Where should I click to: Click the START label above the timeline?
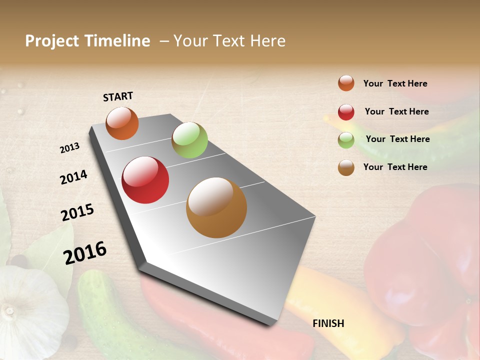tap(118, 96)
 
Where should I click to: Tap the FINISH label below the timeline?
tap(328, 323)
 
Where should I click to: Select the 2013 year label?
tap(70, 148)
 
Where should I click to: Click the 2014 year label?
tap(73, 177)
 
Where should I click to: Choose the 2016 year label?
tap(85, 253)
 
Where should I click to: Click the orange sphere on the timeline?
tap(122, 123)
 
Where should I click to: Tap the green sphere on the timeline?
tap(189, 140)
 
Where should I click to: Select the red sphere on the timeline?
tap(145, 180)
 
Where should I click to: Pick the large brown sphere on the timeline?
tap(216, 207)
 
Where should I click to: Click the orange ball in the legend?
tap(346, 83)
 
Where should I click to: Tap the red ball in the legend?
tap(346, 112)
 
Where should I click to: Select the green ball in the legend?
tap(346, 140)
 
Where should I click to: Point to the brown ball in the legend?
tap(346, 167)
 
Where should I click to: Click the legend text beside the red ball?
tap(396, 111)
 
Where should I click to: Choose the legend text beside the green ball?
tap(397, 139)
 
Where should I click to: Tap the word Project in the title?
tap(52, 41)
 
